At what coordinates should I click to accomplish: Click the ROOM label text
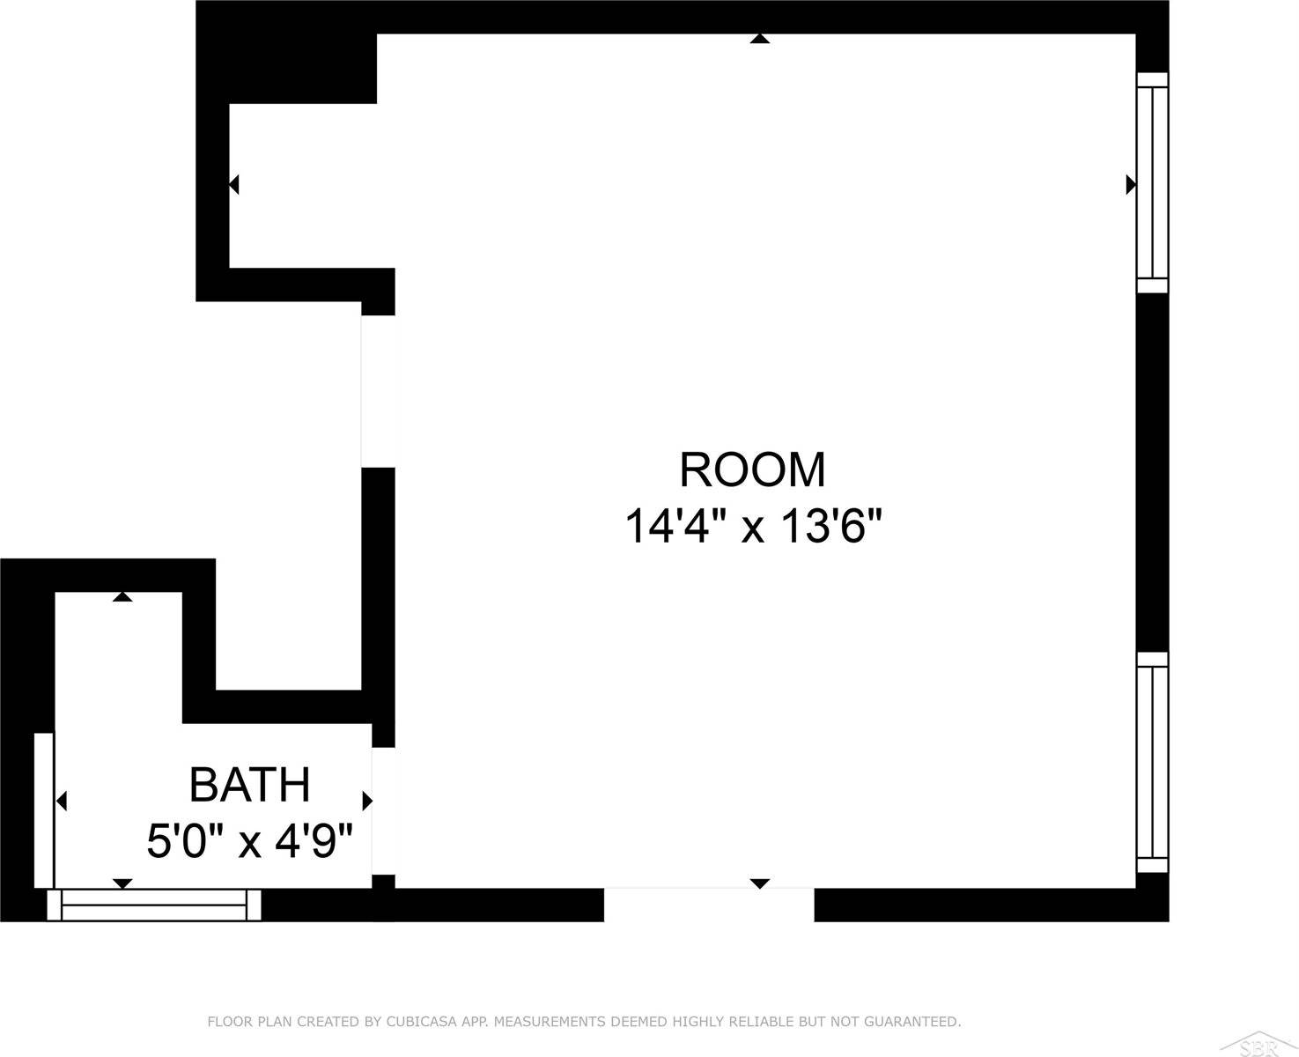[x=752, y=469]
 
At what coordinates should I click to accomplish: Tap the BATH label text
[x=250, y=785]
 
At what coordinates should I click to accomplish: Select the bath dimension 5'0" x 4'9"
[x=250, y=841]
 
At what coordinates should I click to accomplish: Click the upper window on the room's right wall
[x=1152, y=182]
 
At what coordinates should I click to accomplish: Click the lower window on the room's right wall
[x=1152, y=762]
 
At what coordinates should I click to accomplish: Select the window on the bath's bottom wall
[x=154, y=905]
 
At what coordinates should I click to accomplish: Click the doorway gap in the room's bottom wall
[x=709, y=905]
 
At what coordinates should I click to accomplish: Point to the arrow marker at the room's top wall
[x=760, y=39]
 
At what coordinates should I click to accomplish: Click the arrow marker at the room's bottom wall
[x=760, y=883]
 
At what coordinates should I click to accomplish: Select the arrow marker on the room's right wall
[x=1131, y=184]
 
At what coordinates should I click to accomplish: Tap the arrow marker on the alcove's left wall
[x=233, y=185]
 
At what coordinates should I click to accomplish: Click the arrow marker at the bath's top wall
[x=122, y=597]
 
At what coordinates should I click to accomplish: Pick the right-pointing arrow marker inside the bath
[x=367, y=801]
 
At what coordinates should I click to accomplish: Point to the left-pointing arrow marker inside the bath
[x=62, y=801]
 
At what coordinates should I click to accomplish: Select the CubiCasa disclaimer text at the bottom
[x=583, y=1022]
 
